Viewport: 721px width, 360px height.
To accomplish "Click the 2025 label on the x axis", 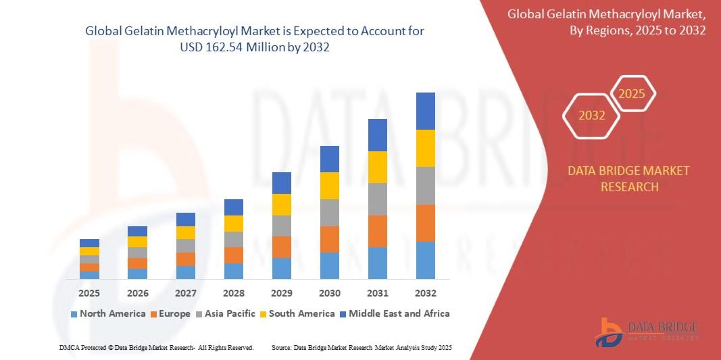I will click(89, 294).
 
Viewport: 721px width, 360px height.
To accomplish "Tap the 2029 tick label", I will click(282, 294).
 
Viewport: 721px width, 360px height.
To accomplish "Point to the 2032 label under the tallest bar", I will click(426, 294).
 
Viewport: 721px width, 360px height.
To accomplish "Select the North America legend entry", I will click(107, 313).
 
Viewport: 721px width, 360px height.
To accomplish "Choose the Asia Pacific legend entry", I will click(226, 313).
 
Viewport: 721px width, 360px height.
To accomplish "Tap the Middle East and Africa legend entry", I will click(394, 313).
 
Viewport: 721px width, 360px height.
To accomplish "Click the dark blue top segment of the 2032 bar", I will click(426, 111).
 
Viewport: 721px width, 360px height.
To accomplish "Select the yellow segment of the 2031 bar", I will click(378, 167).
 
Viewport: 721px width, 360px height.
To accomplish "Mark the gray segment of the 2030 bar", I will click(330, 212).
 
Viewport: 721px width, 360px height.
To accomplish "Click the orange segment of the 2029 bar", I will click(282, 247).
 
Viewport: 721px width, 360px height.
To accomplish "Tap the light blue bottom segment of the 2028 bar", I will click(234, 271).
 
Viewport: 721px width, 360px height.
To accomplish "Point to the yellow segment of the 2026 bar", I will click(137, 242).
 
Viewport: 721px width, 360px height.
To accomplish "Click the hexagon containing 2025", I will click(632, 94).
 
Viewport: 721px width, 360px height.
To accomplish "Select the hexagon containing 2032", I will click(592, 115).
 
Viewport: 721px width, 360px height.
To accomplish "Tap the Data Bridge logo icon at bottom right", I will click(608, 332).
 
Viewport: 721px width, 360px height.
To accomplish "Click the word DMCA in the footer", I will click(70, 347).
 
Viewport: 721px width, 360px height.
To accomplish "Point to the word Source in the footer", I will click(281, 347).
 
